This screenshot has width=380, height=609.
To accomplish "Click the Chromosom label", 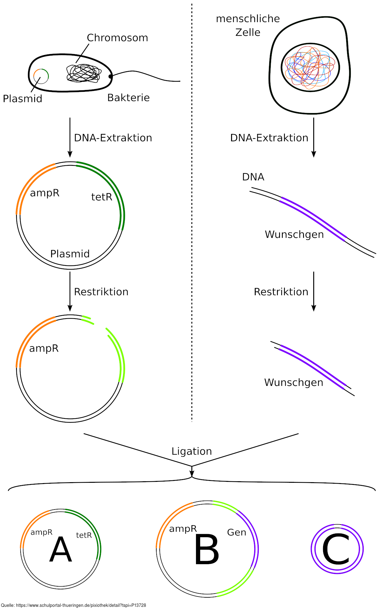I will click(117, 38).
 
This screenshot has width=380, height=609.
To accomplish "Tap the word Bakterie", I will click(128, 98).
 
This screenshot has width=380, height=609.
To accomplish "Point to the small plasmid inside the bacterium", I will click(41, 76).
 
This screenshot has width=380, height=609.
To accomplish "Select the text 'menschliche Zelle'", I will click(248, 25).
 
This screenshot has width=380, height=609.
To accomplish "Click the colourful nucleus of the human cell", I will click(310, 68).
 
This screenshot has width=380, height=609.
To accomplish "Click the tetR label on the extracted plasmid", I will click(102, 197).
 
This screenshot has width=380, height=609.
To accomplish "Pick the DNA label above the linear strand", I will click(253, 177).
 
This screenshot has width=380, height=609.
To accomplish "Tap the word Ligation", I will click(192, 451).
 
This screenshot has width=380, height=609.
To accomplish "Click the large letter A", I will click(61, 550).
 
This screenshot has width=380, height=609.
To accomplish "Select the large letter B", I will click(207, 550).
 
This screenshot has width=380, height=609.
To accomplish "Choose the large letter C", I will click(336, 549).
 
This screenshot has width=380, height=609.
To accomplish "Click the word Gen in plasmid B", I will click(236, 532).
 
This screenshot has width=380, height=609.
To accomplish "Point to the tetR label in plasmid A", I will click(84, 535).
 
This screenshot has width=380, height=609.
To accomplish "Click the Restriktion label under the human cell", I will click(281, 292).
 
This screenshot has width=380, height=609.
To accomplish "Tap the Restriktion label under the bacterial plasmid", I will click(101, 292).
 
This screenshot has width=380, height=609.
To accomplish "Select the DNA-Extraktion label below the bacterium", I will click(113, 138).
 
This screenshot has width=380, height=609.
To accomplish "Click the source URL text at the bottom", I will click(73, 605).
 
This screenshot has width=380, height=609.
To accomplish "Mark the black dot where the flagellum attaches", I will click(110, 76).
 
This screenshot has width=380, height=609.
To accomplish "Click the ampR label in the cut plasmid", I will click(44, 348).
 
